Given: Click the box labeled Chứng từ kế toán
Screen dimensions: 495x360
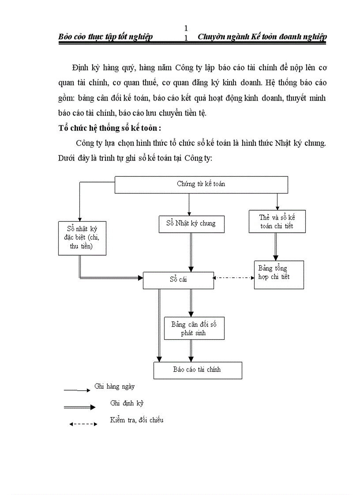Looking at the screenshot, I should pyautogui.click(x=201, y=184).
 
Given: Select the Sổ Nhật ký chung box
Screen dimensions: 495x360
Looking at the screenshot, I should pyautogui.click(x=191, y=223).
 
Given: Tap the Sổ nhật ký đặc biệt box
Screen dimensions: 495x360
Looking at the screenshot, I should pyautogui.click(x=82, y=238).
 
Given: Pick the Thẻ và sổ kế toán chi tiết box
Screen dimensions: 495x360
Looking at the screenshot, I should pyautogui.click(x=277, y=222).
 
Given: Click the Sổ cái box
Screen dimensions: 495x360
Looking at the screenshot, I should pyautogui.click(x=179, y=280).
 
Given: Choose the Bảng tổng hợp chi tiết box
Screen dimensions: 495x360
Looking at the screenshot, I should pyautogui.click(x=279, y=275).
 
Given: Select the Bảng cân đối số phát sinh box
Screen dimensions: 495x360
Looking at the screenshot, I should pyautogui.click(x=194, y=328).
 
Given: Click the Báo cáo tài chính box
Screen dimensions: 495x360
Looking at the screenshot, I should pyautogui.click(x=197, y=370).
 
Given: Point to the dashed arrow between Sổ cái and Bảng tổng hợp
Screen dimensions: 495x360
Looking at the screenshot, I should pyautogui.click(x=234, y=278).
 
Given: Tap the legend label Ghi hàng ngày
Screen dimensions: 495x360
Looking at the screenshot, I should pyautogui.click(x=114, y=387).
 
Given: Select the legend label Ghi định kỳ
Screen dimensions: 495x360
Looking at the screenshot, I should pyautogui.click(x=127, y=403).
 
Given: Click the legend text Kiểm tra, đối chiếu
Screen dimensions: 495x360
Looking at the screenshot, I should pyautogui.click(x=137, y=420).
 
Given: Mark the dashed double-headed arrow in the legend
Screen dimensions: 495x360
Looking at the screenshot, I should pyautogui.click(x=82, y=424).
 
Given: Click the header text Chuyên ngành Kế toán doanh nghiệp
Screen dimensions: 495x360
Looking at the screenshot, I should pyautogui.click(x=262, y=37).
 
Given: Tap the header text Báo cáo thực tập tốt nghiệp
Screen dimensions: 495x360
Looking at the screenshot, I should pyautogui.click(x=105, y=37).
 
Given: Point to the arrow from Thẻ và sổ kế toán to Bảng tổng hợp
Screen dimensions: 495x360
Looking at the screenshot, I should pyautogui.click(x=276, y=247).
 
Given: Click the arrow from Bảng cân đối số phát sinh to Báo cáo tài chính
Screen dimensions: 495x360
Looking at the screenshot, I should pyautogui.click(x=191, y=351).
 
